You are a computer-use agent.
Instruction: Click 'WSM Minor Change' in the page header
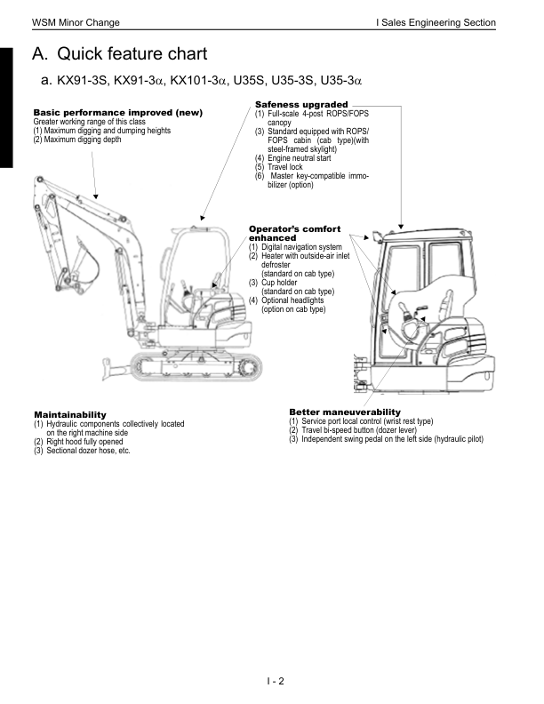[x=76, y=21]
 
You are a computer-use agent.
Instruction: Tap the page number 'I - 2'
[x=275, y=682]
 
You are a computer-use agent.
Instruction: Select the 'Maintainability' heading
[x=69, y=414]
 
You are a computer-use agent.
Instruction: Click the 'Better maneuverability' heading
[x=345, y=412]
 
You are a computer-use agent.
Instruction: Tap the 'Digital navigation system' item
[x=300, y=246]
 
